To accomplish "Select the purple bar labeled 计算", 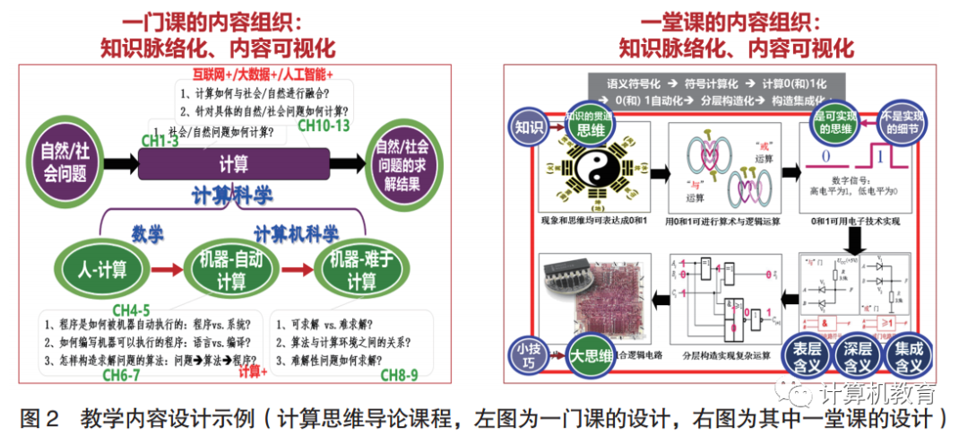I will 235,163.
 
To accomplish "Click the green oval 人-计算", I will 100,268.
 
